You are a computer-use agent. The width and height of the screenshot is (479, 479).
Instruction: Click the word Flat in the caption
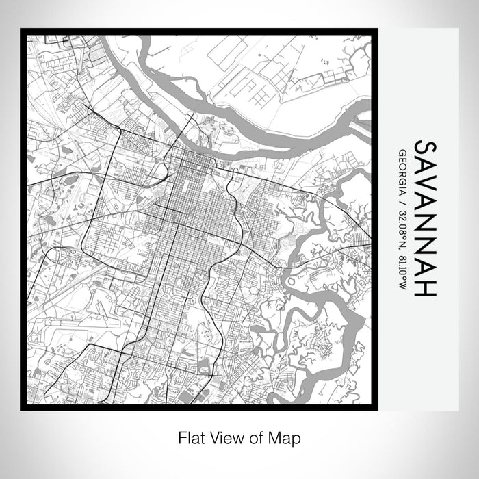coord(190,436)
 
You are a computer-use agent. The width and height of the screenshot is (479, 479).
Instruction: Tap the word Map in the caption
coord(283,436)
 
